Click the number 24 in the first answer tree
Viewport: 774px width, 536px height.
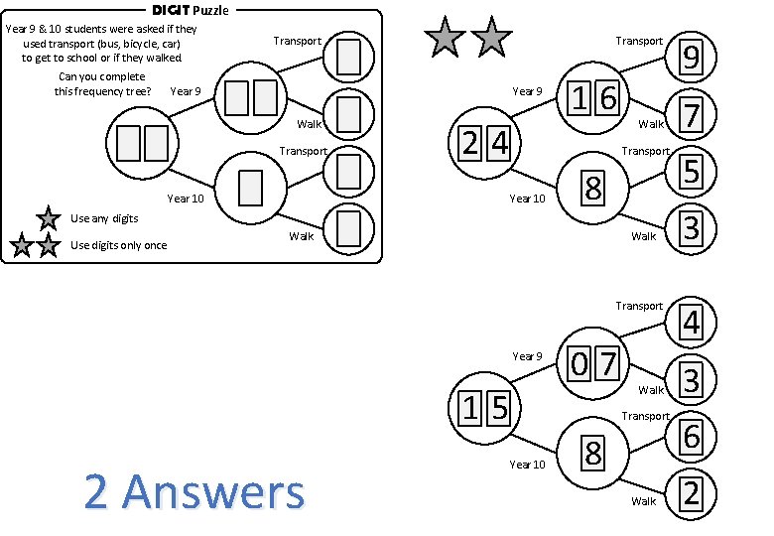487,143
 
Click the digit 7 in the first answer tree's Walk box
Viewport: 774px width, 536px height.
692,114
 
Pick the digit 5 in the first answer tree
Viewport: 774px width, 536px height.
692,172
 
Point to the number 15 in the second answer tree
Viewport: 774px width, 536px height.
485,406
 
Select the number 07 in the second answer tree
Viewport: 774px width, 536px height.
594,364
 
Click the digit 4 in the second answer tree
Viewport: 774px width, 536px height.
692,323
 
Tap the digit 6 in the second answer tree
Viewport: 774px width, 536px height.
692,436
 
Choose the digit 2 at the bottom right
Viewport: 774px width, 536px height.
692,493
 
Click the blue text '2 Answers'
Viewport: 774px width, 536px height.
194,491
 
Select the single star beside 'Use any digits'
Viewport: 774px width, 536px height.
47,217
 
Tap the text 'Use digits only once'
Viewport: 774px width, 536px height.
119,245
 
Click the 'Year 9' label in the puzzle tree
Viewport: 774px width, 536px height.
186,92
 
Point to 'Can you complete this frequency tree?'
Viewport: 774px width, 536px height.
102,84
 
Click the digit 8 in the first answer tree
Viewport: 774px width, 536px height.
592,187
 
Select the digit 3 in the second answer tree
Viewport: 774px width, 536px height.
692,379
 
